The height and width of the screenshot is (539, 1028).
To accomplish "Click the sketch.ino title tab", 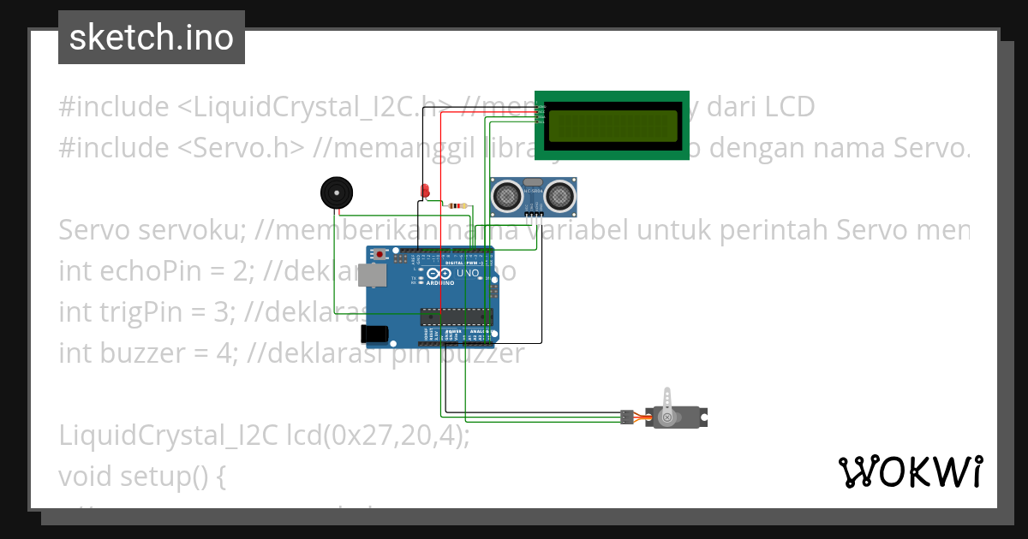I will pos(152,38).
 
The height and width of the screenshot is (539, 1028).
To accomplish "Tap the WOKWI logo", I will pos(910,471).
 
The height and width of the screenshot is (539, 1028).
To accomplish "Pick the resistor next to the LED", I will pos(455,205).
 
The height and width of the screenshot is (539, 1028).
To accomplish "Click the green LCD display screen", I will pos(612,126).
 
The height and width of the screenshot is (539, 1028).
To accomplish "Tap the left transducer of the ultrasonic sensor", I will pos(507,197).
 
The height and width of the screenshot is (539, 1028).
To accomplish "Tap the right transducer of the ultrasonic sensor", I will pos(560,197).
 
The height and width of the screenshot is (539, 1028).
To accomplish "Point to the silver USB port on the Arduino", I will pos(372,275).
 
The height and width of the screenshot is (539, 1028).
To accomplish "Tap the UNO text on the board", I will pos(468,274).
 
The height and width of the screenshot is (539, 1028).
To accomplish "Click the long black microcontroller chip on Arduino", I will pos(457,317).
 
